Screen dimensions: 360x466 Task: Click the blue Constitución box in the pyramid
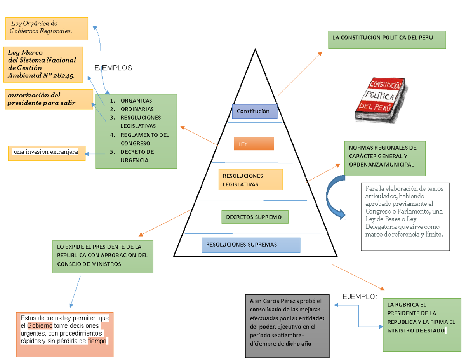[254, 111]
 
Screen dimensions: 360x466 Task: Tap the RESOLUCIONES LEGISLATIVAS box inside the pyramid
[250, 179]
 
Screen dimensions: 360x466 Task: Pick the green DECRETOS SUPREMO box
[255, 217]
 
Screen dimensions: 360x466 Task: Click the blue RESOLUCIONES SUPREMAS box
[251, 245]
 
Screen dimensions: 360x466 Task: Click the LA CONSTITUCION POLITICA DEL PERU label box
[387, 40]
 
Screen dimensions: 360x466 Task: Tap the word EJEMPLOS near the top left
[113, 68]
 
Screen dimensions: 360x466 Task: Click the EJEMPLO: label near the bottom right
[360, 297]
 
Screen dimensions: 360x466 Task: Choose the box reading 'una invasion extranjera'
[47, 153]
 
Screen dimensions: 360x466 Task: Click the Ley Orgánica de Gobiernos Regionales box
[47, 28]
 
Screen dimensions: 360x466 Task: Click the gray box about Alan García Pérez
[287, 326]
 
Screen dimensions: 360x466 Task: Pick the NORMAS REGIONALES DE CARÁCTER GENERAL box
[385, 158]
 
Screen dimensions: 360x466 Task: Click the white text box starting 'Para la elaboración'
[405, 217]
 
